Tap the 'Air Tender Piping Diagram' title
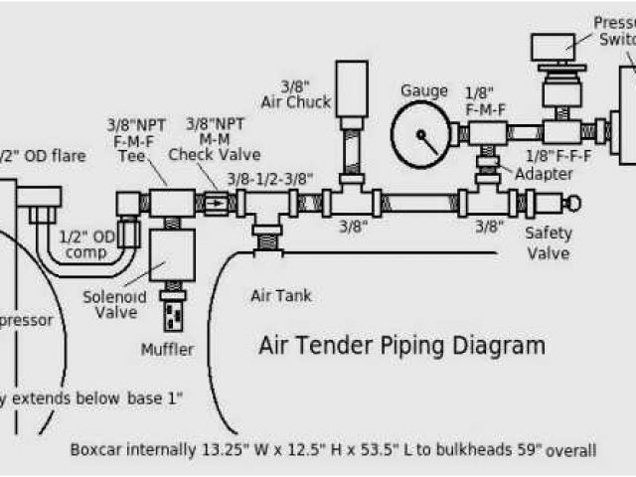click(x=401, y=346)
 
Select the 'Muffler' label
click(x=168, y=349)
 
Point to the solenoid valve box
click(x=170, y=257)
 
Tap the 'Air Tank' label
click(x=275, y=294)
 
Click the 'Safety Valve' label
click(x=548, y=243)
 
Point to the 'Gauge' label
click(x=423, y=91)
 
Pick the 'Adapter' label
click(x=543, y=174)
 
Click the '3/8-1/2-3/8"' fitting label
click(x=270, y=179)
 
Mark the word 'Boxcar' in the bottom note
click(x=96, y=449)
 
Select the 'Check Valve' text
click(x=214, y=154)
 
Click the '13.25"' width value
click(x=230, y=449)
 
